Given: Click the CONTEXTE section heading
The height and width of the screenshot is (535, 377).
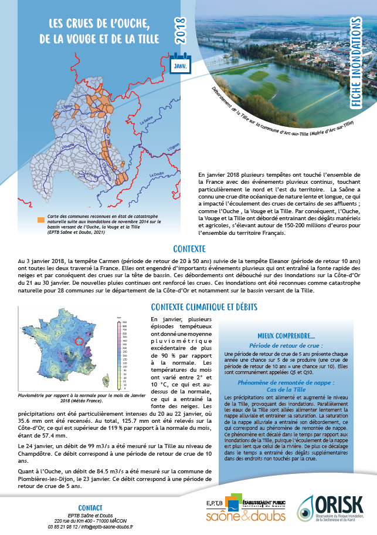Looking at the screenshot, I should [x=188, y=249].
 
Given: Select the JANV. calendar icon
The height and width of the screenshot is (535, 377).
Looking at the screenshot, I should [x=179, y=64].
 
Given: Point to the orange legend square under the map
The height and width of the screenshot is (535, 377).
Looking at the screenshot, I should [x=41, y=220].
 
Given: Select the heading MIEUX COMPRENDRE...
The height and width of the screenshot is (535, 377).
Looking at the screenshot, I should [x=286, y=337].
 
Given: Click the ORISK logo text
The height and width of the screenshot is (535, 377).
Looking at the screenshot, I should [x=339, y=487].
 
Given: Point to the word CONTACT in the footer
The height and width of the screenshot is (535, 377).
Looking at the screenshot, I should [x=90, y=491].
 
